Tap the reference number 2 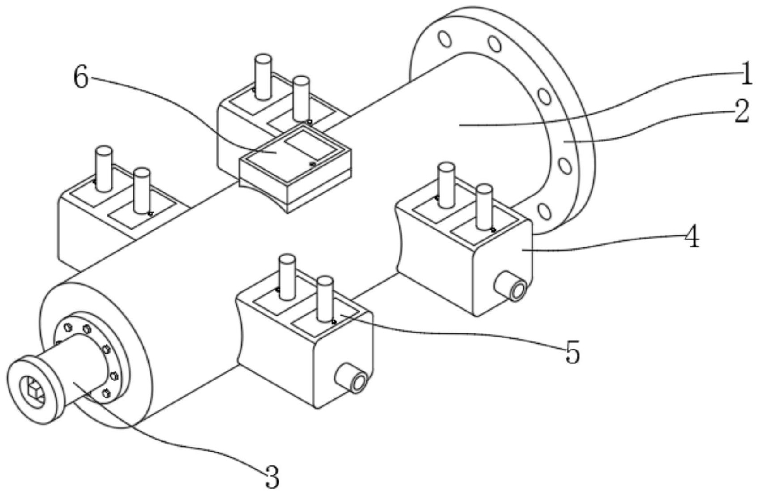click(741, 111)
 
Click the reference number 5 click(572, 352)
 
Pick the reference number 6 click(81, 79)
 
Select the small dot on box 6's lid click(313, 165)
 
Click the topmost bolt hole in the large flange click(445, 38)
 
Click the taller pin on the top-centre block click(263, 76)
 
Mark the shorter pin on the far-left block click(142, 190)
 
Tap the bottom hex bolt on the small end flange click(106, 393)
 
